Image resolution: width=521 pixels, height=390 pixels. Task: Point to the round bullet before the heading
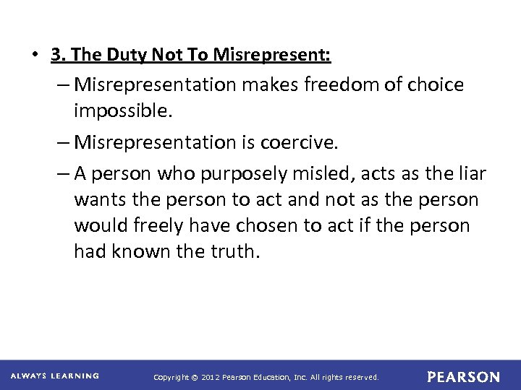[x=34, y=56]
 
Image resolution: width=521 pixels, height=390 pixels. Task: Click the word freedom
[x=336, y=85]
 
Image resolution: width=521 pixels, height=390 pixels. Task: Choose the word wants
[x=98, y=199]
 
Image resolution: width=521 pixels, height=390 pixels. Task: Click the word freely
[x=153, y=227]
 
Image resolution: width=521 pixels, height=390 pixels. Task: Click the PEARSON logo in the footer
[x=463, y=377]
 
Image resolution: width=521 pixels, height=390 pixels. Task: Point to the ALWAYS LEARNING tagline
[x=55, y=376]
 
